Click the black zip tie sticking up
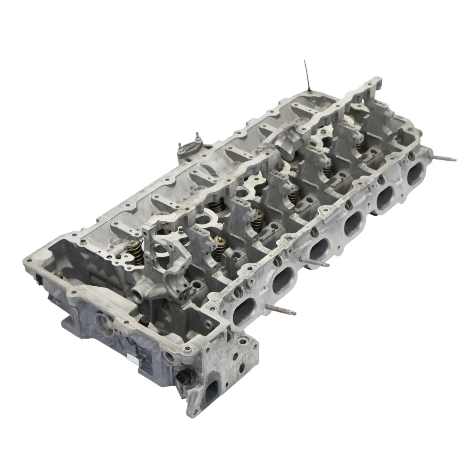306,75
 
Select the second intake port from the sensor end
284,281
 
